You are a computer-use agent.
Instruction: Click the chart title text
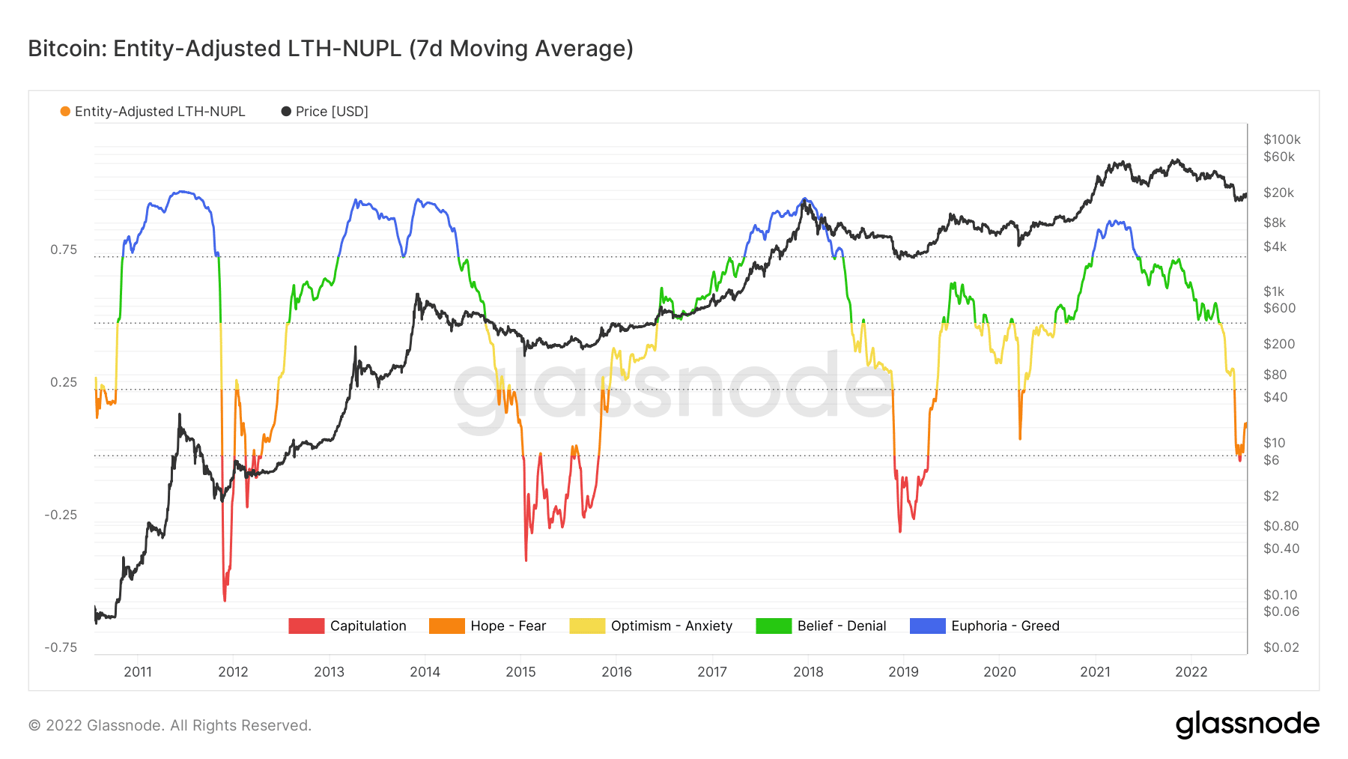click(330, 49)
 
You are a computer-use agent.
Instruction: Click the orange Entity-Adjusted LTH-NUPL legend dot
click(65, 112)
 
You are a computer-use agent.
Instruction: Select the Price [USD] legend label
click(332, 112)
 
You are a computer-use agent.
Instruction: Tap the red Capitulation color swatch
click(306, 626)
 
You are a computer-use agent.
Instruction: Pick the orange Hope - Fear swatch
click(446, 626)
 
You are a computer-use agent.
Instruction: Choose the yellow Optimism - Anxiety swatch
click(587, 626)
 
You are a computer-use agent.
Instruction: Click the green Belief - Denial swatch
click(774, 626)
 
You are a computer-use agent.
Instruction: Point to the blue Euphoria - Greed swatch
click(927, 626)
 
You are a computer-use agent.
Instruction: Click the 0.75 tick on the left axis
click(64, 250)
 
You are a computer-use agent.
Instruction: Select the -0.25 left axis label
click(61, 515)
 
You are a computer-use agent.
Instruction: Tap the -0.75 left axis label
click(61, 647)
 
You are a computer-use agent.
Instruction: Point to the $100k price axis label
click(1282, 139)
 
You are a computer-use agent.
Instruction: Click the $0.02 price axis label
click(1281, 647)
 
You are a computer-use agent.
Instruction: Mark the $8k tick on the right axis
click(1275, 223)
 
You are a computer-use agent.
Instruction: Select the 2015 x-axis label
click(520, 672)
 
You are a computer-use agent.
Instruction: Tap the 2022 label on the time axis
click(1191, 672)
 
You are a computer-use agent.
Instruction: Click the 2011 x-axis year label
click(138, 672)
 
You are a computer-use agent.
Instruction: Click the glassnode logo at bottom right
click(1248, 725)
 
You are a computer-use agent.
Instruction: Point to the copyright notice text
click(170, 725)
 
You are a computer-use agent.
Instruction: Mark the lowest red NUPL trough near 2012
click(225, 599)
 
